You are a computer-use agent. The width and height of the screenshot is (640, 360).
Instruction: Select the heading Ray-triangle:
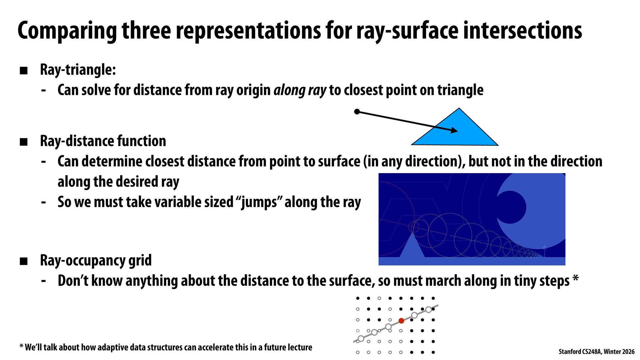pyautogui.click(x=78, y=70)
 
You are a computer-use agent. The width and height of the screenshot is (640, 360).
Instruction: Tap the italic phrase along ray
pyautogui.click(x=299, y=90)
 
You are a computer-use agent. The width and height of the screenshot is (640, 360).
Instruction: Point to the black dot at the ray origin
pyautogui.click(x=357, y=112)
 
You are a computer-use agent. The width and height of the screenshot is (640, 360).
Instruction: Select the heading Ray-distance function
pyautogui.click(x=103, y=141)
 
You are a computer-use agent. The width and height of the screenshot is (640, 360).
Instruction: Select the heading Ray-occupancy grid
pyautogui.click(x=96, y=260)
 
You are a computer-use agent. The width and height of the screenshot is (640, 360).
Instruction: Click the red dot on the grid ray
pyautogui.click(x=401, y=321)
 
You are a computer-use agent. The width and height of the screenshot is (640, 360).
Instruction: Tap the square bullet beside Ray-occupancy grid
pyautogui.click(x=24, y=261)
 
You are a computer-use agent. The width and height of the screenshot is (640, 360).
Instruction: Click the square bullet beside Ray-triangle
pyautogui.click(x=24, y=71)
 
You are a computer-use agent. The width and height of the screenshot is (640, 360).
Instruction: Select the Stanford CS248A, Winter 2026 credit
pyautogui.click(x=596, y=352)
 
